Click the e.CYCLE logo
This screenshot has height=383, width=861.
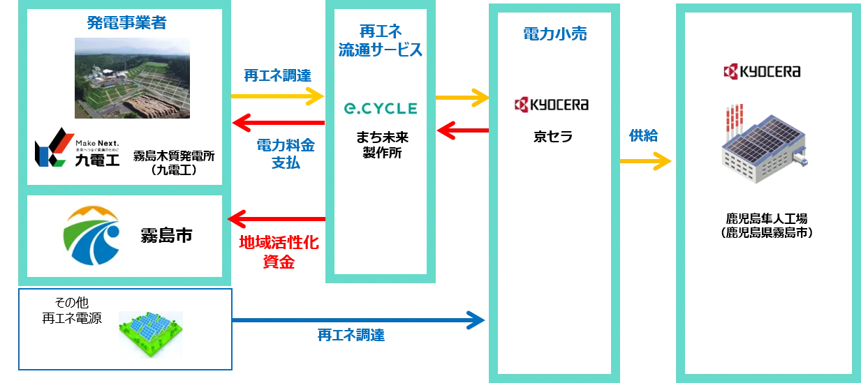[380, 108]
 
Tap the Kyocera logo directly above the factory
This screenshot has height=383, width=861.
[763, 71]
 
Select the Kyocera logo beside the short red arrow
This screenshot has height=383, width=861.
[552, 105]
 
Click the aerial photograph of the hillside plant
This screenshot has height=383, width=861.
[132, 78]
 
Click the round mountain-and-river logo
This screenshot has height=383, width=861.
[92, 234]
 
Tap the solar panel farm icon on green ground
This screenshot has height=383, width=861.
[150, 334]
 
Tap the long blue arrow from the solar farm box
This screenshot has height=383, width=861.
[359, 321]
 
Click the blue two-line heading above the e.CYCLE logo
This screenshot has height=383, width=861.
[380, 41]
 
